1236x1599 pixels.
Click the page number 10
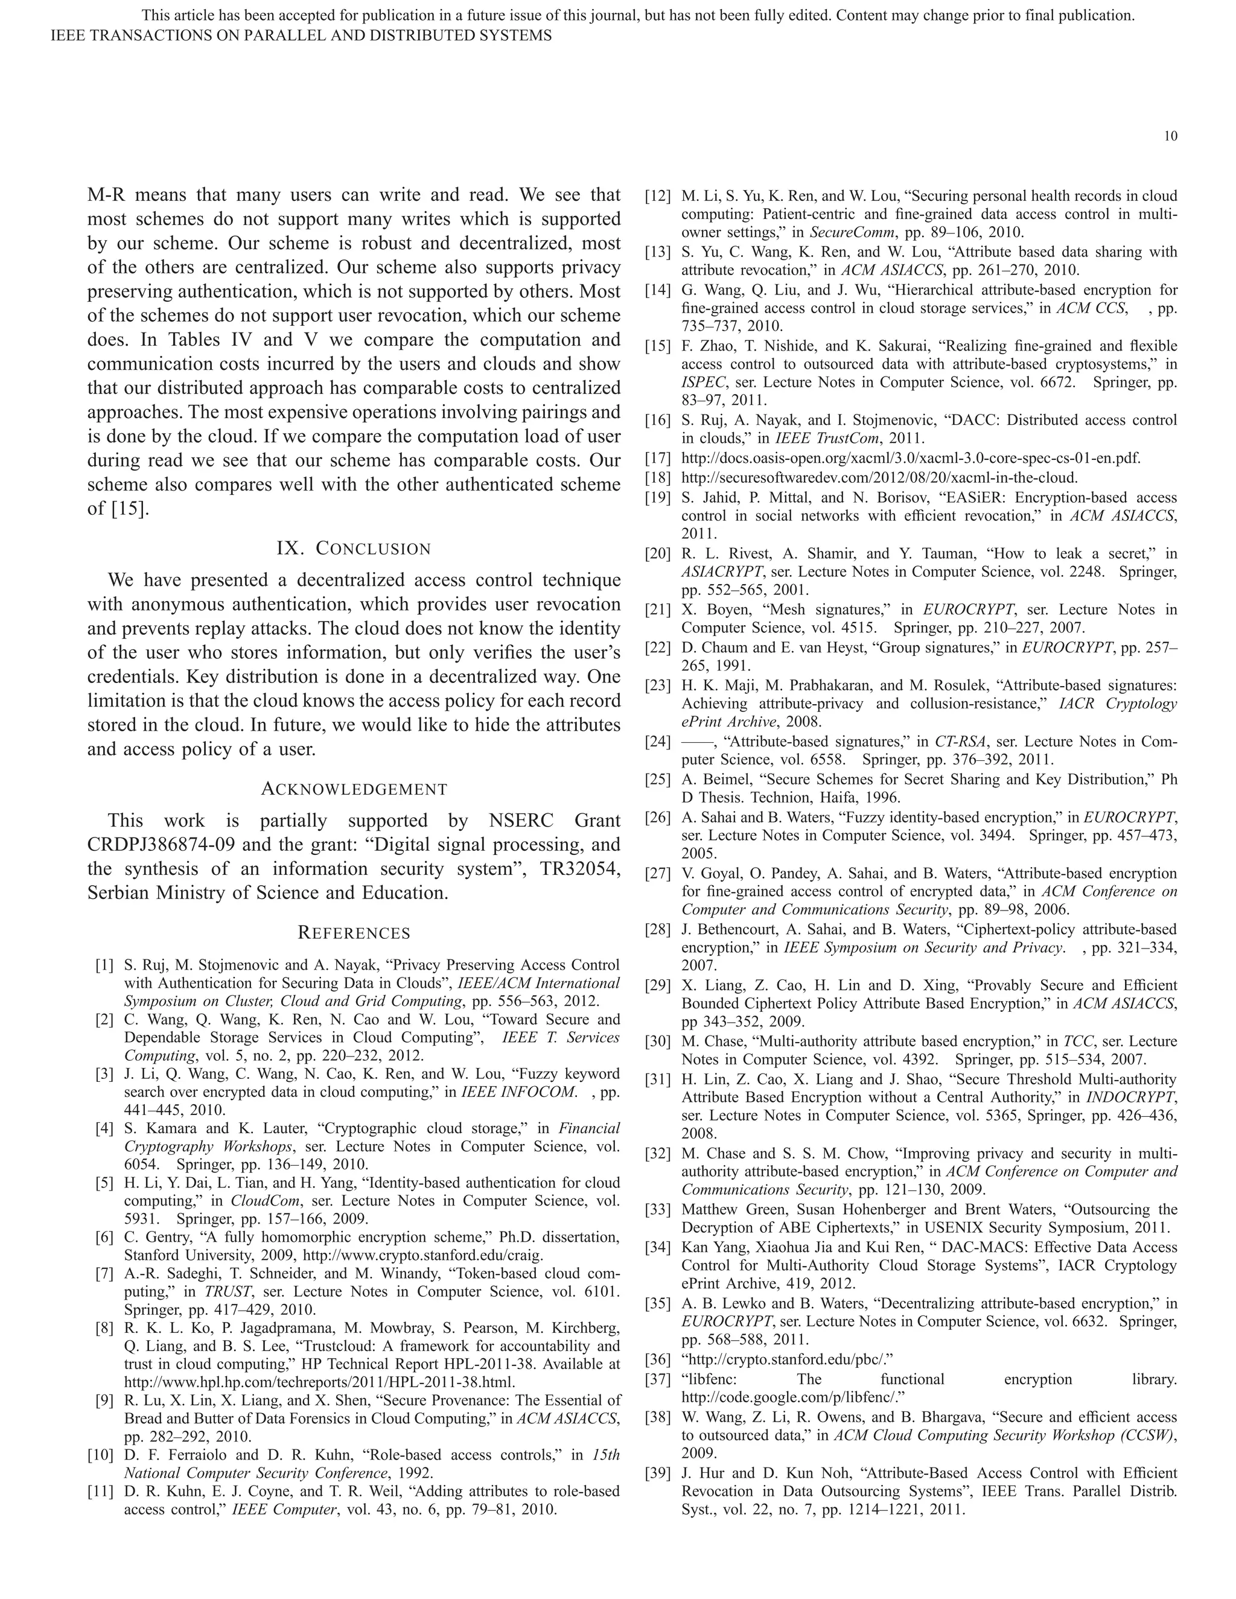click(x=1170, y=136)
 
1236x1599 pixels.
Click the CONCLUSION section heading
click(x=354, y=548)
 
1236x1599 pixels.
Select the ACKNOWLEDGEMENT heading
click(x=354, y=789)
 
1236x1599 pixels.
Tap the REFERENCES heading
click(x=354, y=933)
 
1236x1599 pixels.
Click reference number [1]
click(x=104, y=965)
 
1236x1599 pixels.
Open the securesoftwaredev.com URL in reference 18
click(x=879, y=478)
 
